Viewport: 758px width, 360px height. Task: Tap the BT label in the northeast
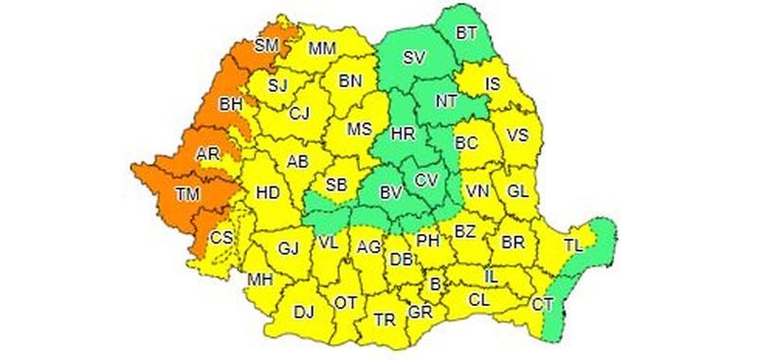point(466,33)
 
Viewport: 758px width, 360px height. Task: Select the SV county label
point(413,58)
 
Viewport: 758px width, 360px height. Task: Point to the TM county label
point(187,195)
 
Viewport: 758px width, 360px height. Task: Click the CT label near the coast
point(542,304)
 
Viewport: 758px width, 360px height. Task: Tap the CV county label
point(425,179)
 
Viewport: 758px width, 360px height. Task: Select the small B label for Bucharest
point(436,283)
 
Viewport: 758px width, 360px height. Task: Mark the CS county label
point(220,237)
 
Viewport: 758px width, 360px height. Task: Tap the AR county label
point(208,153)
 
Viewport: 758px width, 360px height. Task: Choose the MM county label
point(322,48)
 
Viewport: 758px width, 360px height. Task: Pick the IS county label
point(493,85)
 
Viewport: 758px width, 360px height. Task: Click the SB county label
point(335,184)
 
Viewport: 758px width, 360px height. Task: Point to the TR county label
point(385,319)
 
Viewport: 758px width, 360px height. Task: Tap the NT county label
point(446,99)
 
